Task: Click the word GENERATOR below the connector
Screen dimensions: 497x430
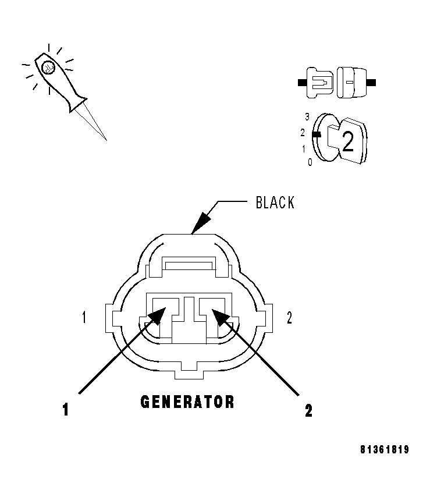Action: pos(187,402)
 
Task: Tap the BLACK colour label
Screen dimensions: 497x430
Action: pos(275,203)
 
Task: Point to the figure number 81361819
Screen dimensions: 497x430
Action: pos(384,450)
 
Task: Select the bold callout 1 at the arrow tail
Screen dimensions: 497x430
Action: pos(66,410)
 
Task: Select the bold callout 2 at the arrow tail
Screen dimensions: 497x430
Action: pos(308,410)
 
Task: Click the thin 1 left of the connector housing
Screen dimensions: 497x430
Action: pos(84,317)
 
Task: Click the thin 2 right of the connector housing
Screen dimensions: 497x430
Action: pos(289,317)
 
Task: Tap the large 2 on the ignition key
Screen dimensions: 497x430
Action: pos(347,141)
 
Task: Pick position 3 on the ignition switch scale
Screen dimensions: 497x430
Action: pos(307,116)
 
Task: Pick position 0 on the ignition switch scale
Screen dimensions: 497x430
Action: pos(310,162)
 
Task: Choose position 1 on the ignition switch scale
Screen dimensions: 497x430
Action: pos(303,148)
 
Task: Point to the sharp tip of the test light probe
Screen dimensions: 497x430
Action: pos(106,140)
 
